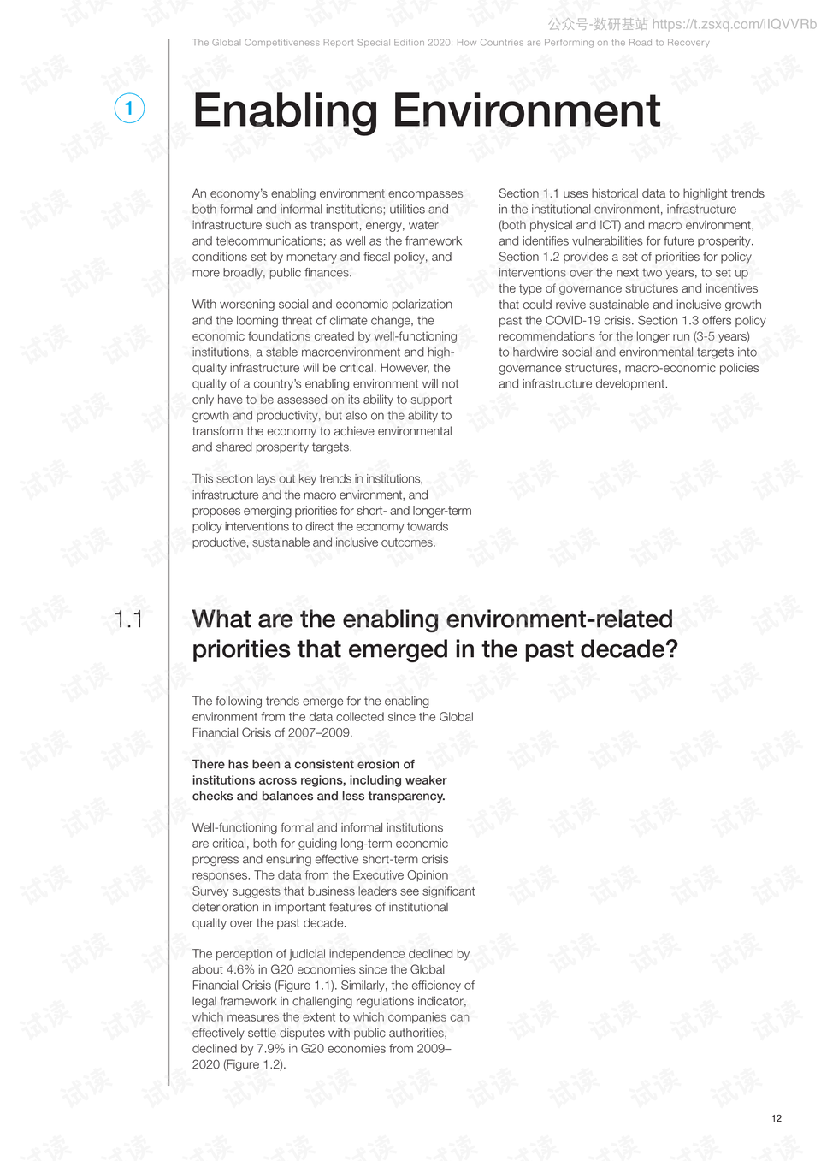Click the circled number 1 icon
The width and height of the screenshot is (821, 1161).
click(129, 109)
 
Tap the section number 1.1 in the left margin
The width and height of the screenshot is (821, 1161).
click(128, 619)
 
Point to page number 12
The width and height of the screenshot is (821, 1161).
click(776, 1118)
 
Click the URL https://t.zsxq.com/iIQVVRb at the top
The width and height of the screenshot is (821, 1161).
click(734, 24)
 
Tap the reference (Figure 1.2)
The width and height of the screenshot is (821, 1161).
click(255, 1064)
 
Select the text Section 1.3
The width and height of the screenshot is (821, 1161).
click(668, 321)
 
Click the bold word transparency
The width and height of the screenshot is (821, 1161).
click(405, 796)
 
